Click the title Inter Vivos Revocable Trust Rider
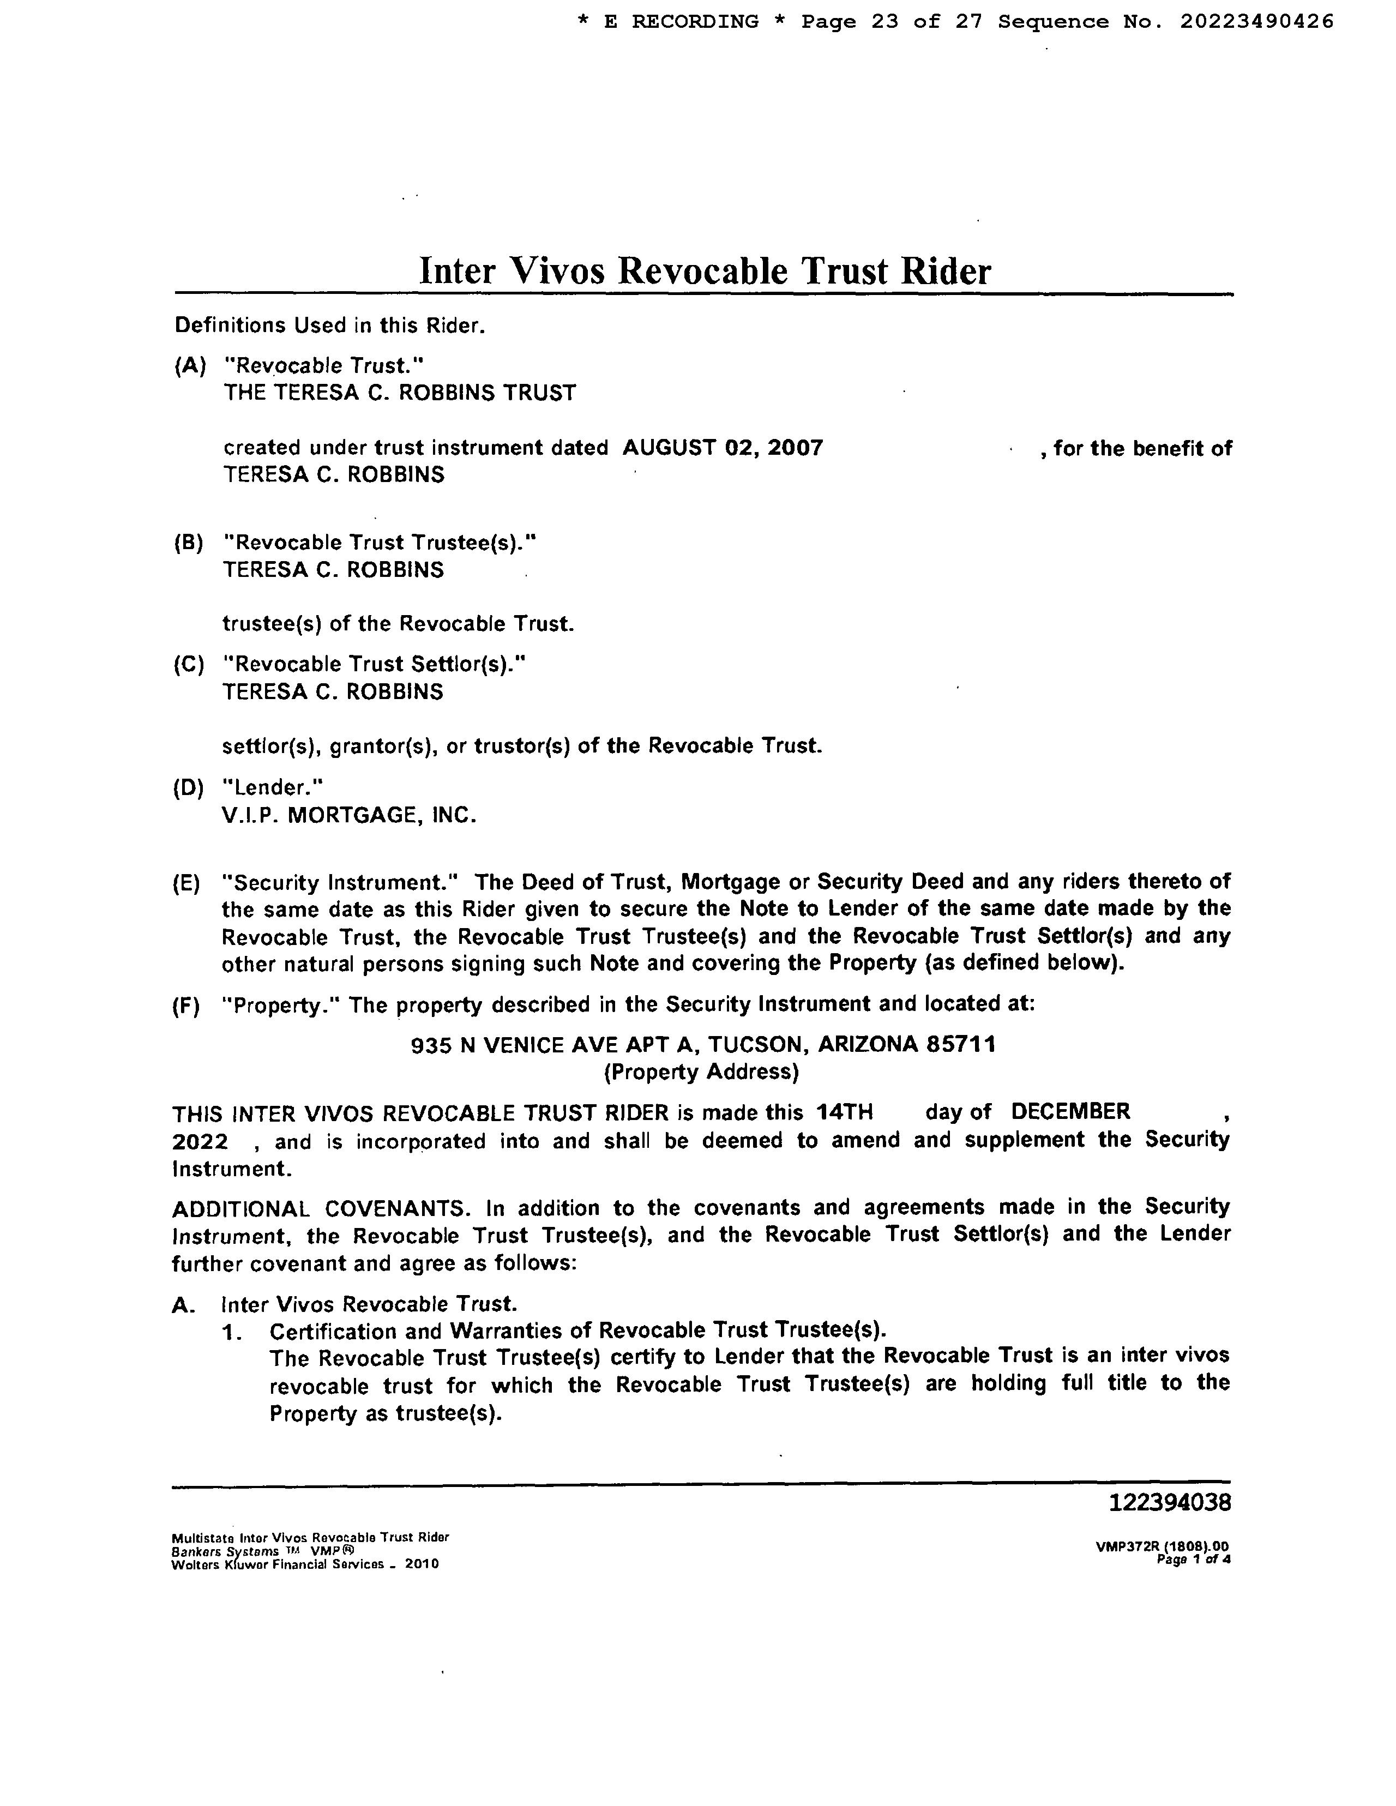click(704, 271)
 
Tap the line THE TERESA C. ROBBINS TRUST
click(400, 393)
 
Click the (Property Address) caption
click(702, 1073)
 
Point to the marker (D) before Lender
click(189, 787)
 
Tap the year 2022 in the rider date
click(200, 1142)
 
